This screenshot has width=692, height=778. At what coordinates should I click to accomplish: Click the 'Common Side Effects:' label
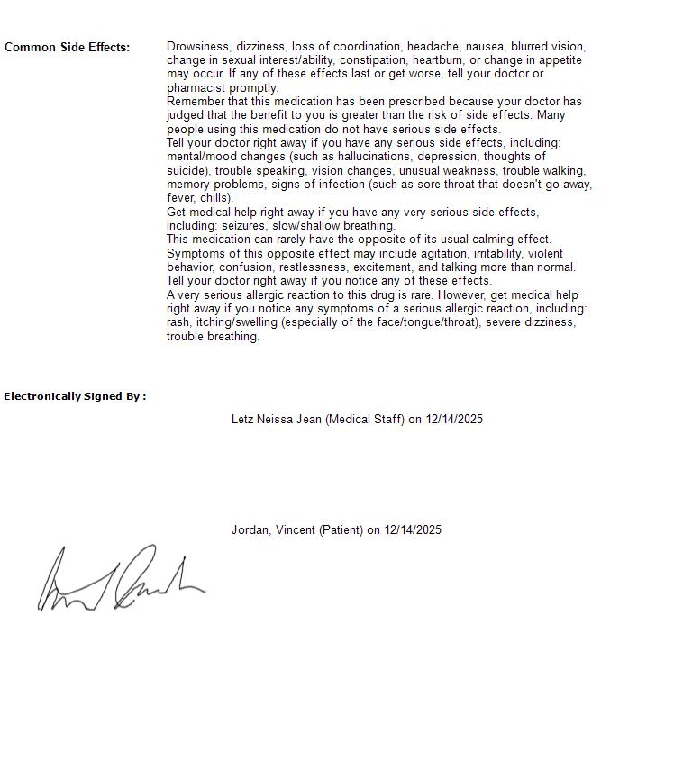(67, 47)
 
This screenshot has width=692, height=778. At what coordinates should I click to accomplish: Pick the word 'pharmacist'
(196, 88)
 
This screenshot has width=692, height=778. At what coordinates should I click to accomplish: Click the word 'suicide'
(187, 171)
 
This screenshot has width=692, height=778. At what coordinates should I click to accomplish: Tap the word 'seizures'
(244, 226)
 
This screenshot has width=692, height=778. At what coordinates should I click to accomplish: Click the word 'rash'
(178, 322)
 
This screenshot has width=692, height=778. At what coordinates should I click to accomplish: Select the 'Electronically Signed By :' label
(75, 396)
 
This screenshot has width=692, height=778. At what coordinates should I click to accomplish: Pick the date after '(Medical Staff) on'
(454, 419)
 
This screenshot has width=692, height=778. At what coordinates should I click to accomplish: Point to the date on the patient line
(413, 529)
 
